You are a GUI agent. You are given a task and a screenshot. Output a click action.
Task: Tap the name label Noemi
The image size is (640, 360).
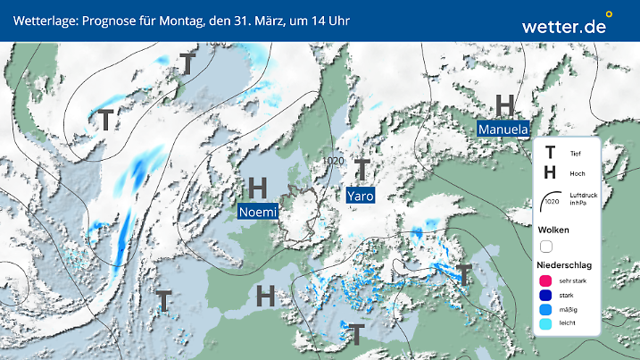tap(258, 212)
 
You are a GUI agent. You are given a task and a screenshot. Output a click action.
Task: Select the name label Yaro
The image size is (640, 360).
tap(360, 195)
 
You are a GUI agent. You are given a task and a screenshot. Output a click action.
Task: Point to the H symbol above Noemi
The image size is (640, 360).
tap(258, 188)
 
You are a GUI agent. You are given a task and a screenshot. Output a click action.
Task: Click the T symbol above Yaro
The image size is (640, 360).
tap(362, 169)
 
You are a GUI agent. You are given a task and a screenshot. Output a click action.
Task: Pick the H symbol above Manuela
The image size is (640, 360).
tap(505, 106)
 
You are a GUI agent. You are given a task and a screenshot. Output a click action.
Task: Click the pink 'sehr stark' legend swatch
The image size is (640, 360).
tap(546, 280)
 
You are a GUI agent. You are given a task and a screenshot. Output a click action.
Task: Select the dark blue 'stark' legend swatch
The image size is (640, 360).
tap(546, 295)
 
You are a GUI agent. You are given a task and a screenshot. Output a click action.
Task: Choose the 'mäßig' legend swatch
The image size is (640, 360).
tap(546, 309)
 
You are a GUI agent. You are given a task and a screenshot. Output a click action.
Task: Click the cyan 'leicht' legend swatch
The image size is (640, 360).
tap(546, 324)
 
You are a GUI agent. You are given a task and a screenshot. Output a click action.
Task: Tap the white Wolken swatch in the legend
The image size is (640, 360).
tap(546, 246)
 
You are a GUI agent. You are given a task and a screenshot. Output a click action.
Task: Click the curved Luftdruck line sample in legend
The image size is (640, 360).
tap(549, 198)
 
